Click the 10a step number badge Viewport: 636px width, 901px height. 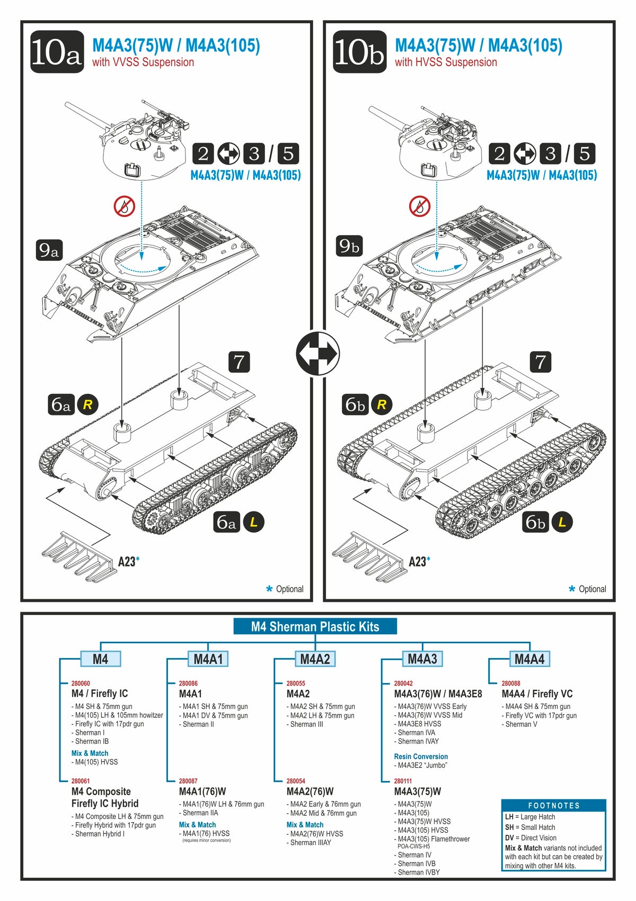point(57,52)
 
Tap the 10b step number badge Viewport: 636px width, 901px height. point(359,52)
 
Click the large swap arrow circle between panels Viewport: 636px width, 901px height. point(318,354)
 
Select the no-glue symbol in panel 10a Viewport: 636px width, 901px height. point(125,206)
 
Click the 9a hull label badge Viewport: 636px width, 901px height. point(49,249)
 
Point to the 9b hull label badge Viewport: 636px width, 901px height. point(349,246)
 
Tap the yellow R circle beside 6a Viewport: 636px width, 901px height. point(88,405)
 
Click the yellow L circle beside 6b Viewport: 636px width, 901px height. point(562,522)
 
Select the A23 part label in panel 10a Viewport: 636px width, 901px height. point(127,562)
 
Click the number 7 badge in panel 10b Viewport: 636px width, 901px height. point(541,362)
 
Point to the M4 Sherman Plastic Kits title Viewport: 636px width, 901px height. point(315,627)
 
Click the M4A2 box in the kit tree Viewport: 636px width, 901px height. point(315,659)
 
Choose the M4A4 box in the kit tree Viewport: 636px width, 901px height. point(529,659)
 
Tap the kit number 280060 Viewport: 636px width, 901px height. point(81,683)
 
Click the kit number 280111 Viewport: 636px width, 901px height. point(403,781)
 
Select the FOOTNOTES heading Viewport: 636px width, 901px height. point(554,805)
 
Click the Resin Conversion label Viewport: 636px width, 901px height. point(421,756)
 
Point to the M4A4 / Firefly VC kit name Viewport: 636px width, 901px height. point(537,694)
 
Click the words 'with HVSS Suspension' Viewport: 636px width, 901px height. point(446,62)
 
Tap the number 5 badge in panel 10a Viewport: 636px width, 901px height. point(288,154)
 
